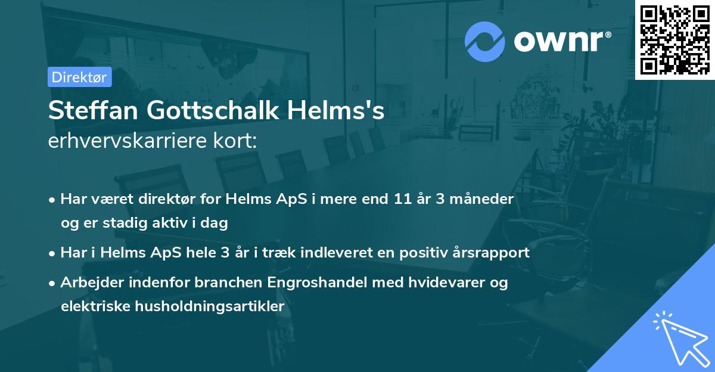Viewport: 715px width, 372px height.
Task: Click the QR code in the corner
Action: [675, 39]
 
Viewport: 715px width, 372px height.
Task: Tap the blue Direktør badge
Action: [79, 77]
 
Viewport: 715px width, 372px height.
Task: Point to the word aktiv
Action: [173, 224]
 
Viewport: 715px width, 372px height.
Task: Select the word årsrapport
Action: [493, 253]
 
